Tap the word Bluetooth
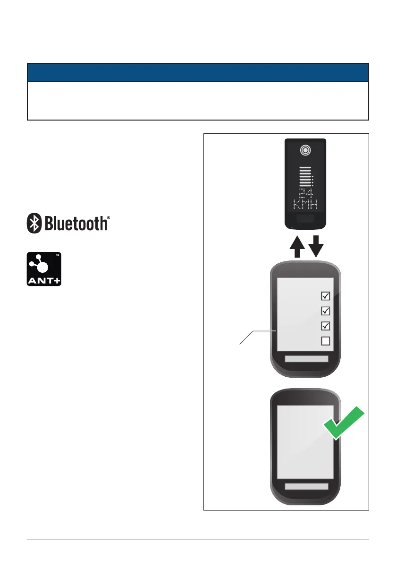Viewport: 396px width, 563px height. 76,223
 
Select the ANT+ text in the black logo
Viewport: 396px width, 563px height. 43,279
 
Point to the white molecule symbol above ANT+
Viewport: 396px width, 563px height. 41,263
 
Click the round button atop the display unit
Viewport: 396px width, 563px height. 305,150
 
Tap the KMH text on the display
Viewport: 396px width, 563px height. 305,205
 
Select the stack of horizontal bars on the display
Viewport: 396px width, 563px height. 305,176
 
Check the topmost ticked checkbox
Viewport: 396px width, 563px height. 325,296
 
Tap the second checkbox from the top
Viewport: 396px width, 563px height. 325,311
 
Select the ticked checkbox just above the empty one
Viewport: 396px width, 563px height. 325,326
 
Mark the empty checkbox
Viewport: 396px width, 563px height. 325,341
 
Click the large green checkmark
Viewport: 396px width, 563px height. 344,423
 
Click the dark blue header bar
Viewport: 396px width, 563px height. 198,73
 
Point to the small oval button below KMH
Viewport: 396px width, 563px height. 305,218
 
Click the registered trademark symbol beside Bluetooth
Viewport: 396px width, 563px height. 109,218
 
